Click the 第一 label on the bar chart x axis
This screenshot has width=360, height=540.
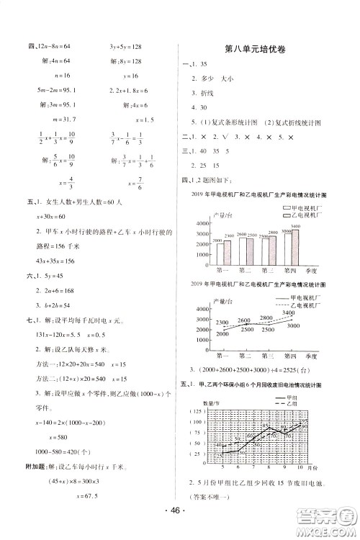223,271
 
